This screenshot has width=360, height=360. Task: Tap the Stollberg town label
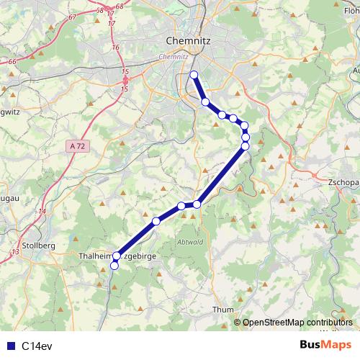35,246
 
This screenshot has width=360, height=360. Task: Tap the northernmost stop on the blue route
193,75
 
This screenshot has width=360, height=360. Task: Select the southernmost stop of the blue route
114,266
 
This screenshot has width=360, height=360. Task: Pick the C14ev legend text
36,346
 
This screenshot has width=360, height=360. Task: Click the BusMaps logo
325,345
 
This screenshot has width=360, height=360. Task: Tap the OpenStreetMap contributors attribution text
297,322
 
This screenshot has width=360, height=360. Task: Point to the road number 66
12,63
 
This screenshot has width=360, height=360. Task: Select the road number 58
99,11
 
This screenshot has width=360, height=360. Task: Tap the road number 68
120,6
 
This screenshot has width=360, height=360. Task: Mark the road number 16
115,48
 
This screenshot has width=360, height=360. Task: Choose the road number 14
42,211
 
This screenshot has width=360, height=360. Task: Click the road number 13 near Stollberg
16,251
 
